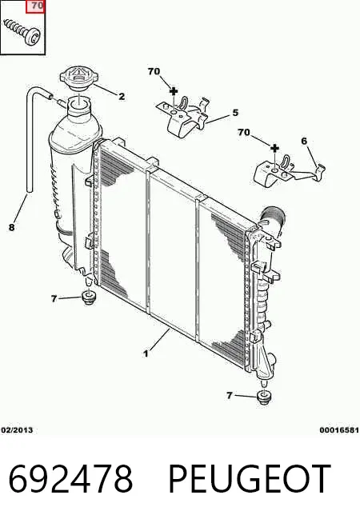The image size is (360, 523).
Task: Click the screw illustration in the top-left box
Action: click(22, 31)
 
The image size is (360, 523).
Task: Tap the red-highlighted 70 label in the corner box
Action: click(36, 6)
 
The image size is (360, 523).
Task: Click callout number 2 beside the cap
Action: click(122, 97)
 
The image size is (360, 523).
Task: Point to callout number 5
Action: click(235, 113)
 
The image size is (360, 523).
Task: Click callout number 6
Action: click(304, 141)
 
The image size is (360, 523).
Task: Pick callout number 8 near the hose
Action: click(12, 227)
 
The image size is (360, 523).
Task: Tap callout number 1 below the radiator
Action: click(146, 353)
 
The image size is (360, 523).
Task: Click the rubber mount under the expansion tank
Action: click(89, 297)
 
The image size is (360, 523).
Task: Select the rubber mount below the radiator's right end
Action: click(265, 397)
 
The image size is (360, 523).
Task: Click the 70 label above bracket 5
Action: click(154, 71)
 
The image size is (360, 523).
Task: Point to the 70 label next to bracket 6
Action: click(244, 133)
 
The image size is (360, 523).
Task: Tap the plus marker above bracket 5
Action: click(174, 90)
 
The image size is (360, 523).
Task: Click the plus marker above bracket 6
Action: click(274, 148)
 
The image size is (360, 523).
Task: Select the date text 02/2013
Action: click(17, 430)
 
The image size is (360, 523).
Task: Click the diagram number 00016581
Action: click(339, 430)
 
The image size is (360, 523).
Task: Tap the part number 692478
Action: click(70, 479)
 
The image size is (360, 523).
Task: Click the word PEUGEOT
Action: click(250, 479)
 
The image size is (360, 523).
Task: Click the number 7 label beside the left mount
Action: click(54, 298)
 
